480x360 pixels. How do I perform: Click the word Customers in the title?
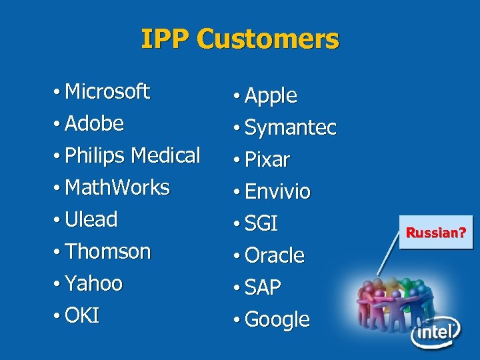(268, 39)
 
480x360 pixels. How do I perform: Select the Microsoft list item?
(107, 91)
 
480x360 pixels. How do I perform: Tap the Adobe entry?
(95, 123)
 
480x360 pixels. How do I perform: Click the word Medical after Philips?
(165, 155)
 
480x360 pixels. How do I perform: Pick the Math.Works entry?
(118, 187)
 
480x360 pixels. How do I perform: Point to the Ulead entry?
(92, 219)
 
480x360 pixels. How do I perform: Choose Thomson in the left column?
(109, 251)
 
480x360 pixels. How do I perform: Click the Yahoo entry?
(94, 283)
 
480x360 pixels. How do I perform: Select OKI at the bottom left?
(83, 315)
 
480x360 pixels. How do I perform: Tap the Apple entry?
(271, 95)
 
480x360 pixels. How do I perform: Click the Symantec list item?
(290, 127)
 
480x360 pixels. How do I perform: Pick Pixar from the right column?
(267, 159)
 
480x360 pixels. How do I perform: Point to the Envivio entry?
(277, 191)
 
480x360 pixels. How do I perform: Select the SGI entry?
(261, 223)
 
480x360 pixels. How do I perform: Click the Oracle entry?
(274, 255)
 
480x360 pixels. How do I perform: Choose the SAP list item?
(263, 287)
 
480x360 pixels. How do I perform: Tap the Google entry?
(277, 319)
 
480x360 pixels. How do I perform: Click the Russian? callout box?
(436, 233)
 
